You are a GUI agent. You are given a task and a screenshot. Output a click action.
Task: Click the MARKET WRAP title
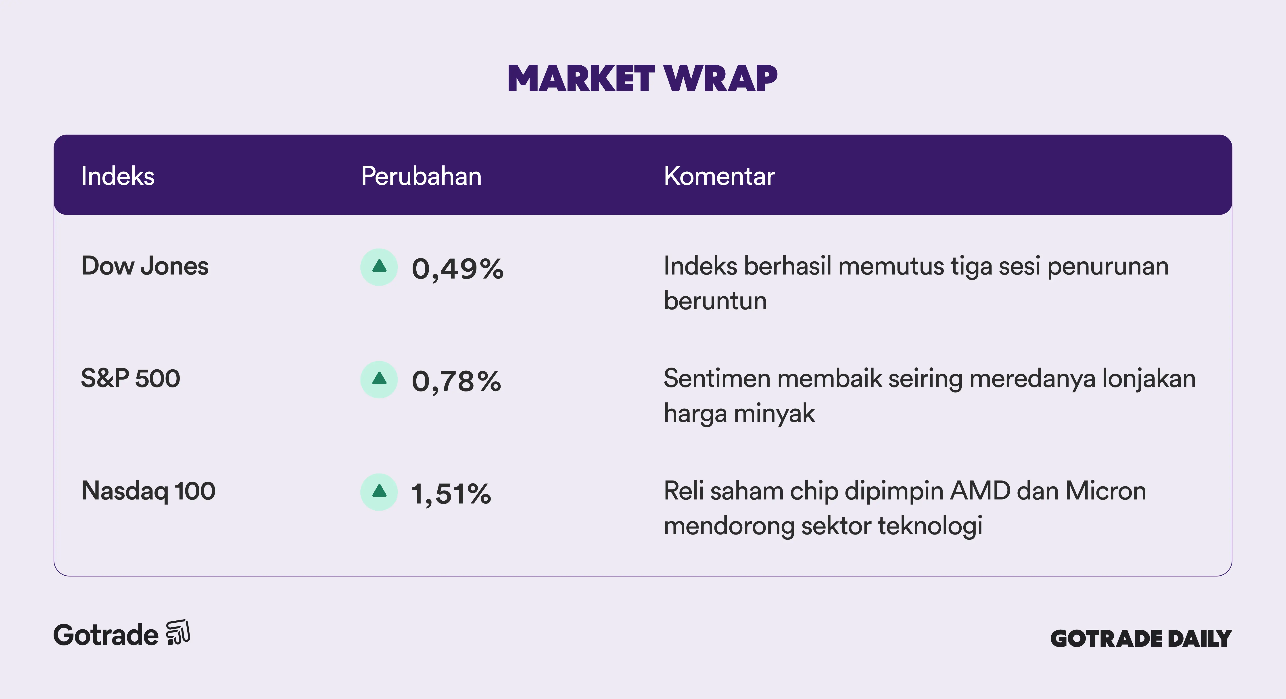click(643, 79)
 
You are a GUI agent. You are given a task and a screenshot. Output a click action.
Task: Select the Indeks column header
click(118, 176)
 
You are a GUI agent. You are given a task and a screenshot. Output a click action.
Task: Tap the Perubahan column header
click(421, 176)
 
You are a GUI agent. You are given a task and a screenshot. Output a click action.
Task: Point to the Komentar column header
click(719, 176)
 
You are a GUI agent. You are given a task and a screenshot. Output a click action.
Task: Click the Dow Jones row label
click(145, 266)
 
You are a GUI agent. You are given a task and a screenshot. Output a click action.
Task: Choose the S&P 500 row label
click(130, 378)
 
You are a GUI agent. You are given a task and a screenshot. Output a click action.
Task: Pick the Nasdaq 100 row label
click(148, 491)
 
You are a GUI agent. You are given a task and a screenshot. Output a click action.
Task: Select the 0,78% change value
click(456, 382)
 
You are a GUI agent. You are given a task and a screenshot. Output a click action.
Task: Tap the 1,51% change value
click(451, 494)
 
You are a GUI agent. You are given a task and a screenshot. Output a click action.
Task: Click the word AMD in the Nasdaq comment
click(981, 491)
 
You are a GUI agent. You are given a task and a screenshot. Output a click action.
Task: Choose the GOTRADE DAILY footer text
click(1141, 639)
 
